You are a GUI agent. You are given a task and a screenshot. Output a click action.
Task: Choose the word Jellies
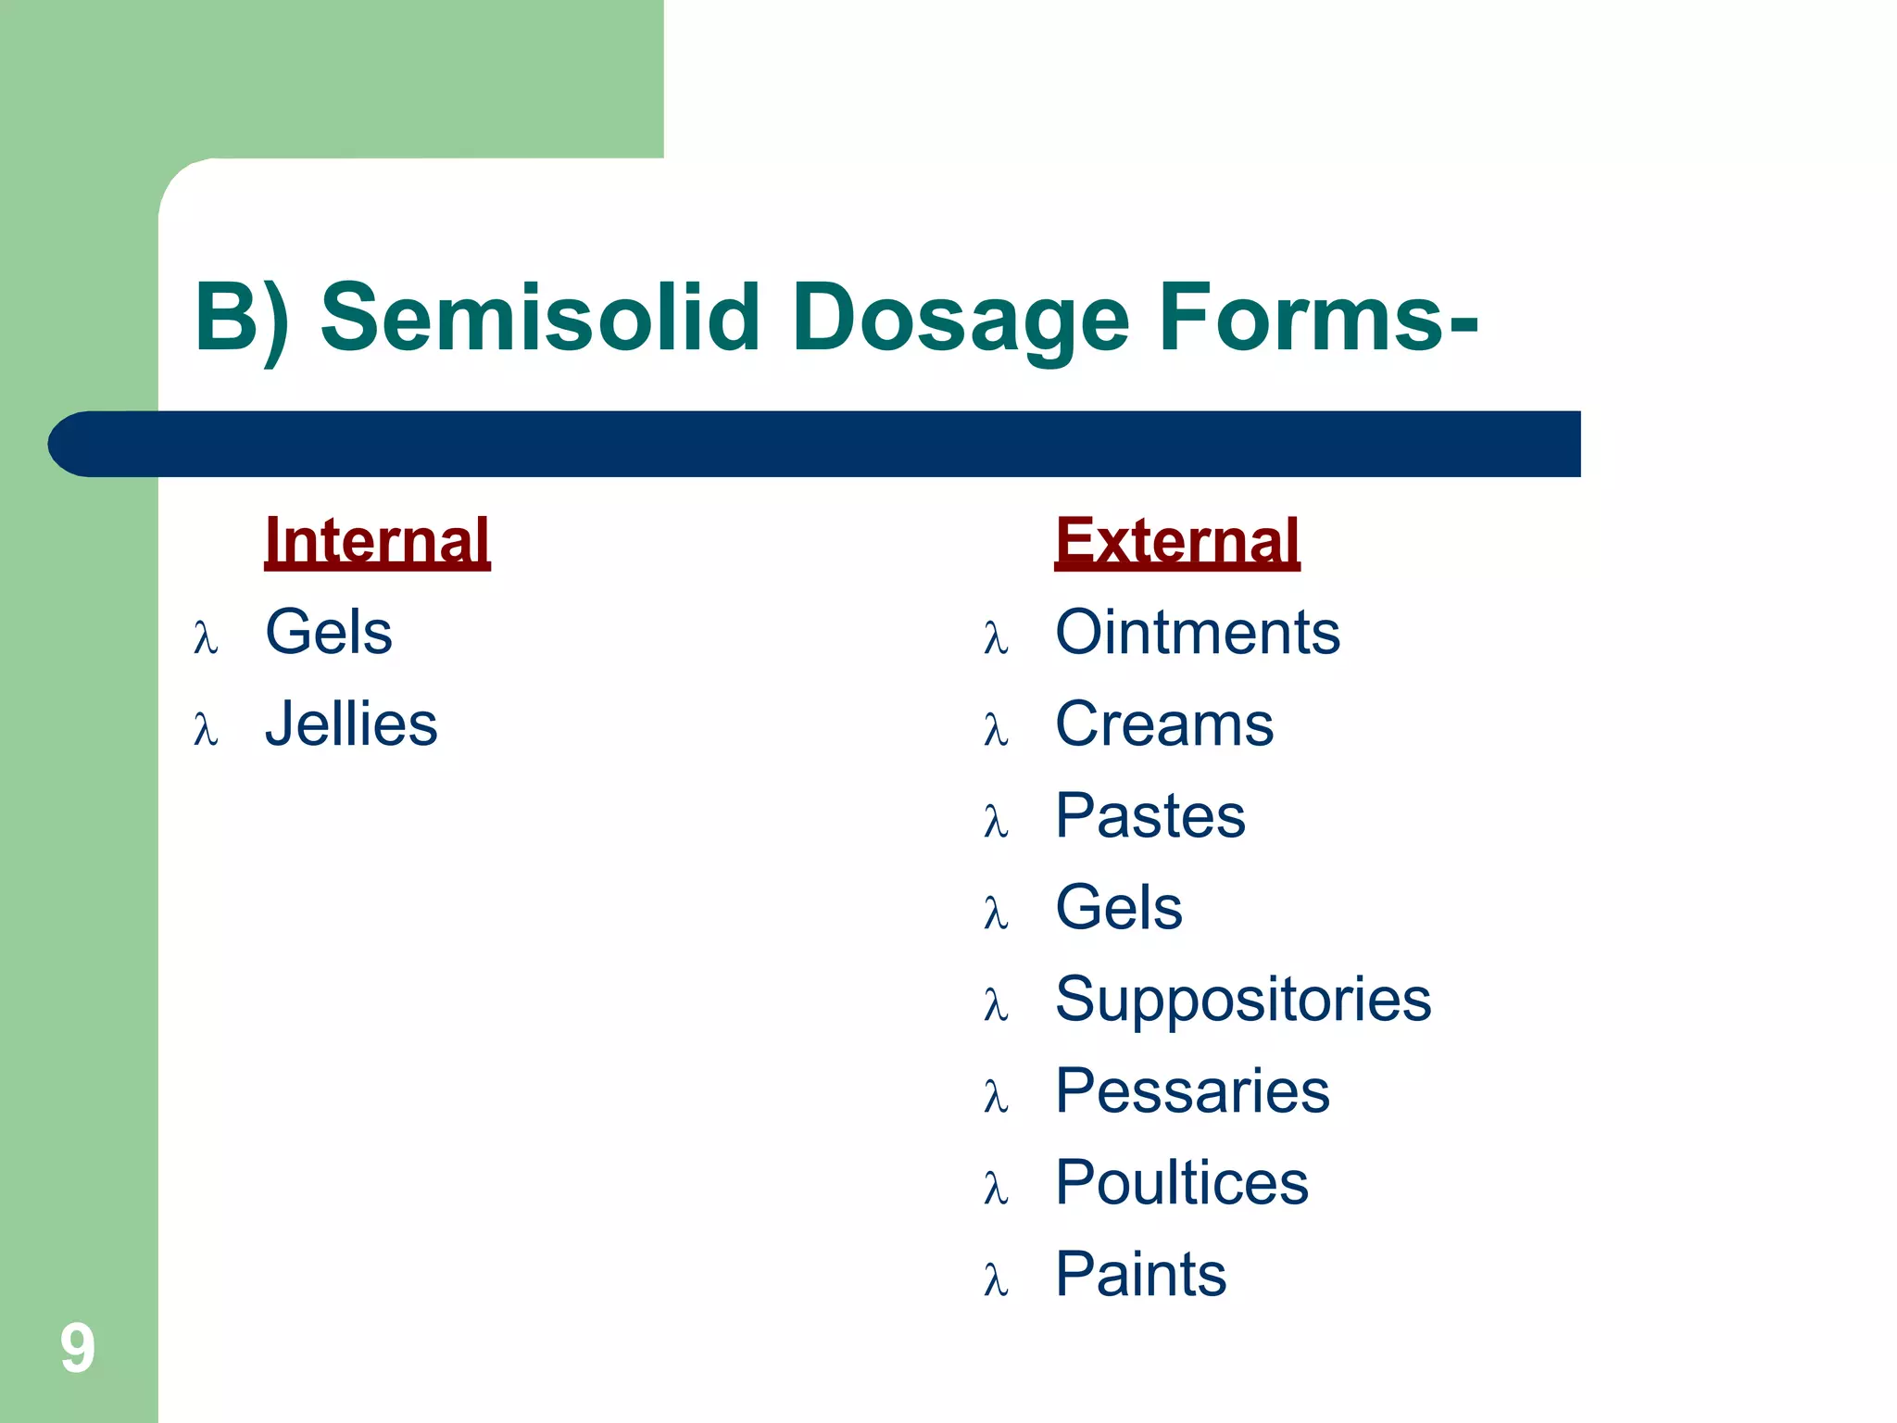click(351, 724)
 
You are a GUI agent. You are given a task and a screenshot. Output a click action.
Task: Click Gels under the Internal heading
click(329, 633)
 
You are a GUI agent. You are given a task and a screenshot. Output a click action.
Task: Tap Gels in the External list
click(1119, 907)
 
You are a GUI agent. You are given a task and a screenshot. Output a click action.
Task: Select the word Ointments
click(1198, 633)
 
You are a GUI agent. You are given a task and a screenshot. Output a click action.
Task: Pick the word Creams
click(1164, 724)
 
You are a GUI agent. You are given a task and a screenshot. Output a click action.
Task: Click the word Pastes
click(1150, 816)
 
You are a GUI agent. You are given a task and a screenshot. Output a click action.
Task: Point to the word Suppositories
click(1243, 999)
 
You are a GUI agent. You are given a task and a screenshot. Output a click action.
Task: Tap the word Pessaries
click(1192, 1090)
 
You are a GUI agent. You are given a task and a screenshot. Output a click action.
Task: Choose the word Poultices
click(1182, 1182)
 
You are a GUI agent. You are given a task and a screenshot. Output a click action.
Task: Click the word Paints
click(1140, 1274)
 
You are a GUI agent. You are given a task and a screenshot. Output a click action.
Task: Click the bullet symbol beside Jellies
click(206, 730)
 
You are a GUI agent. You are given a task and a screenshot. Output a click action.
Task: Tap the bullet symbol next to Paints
click(996, 1280)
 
